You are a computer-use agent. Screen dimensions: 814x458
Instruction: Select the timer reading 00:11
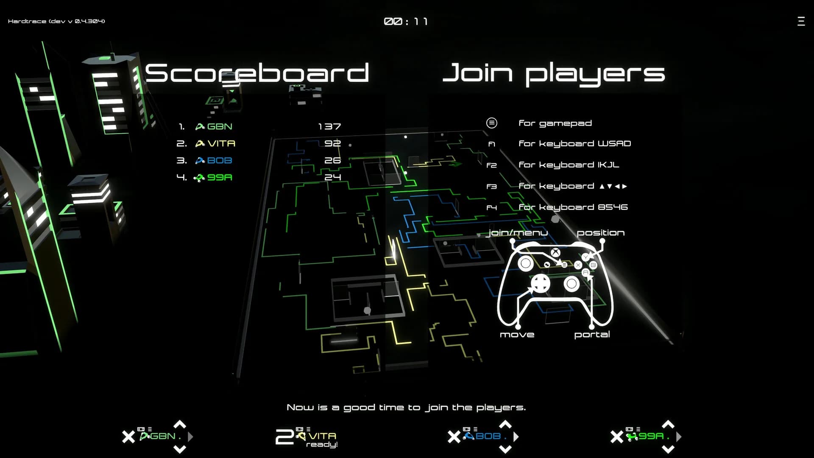click(x=406, y=21)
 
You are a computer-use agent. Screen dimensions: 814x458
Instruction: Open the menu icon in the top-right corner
click(x=801, y=21)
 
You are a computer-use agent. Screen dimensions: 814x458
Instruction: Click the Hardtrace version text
click(x=56, y=21)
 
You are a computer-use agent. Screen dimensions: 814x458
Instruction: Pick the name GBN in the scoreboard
click(x=220, y=126)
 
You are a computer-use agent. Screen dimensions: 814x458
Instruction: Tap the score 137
click(x=329, y=126)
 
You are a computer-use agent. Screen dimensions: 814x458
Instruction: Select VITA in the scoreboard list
click(x=221, y=143)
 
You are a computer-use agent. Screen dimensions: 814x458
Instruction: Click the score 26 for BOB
click(x=332, y=160)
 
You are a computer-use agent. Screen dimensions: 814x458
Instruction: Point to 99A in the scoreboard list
click(x=220, y=177)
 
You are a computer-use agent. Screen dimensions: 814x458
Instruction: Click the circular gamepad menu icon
click(x=491, y=123)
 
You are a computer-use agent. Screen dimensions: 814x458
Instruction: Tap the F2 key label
click(x=491, y=165)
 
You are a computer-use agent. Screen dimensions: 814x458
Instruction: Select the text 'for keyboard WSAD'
click(x=575, y=144)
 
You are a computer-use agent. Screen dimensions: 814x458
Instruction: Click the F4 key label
click(x=491, y=208)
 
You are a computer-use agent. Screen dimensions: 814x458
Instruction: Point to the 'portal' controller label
click(x=592, y=335)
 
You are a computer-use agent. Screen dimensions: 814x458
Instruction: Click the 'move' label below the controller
click(x=517, y=335)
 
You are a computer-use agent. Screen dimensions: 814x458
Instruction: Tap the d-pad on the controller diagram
click(x=541, y=284)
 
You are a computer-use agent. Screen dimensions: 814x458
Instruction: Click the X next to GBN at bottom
click(x=128, y=437)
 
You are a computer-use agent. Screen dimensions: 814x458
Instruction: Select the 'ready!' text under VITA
click(x=322, y=445)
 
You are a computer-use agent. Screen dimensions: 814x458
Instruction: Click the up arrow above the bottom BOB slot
click(x=505, y=424)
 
